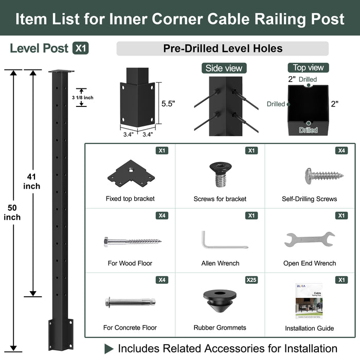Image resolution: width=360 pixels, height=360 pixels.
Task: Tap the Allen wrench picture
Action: [219, 239]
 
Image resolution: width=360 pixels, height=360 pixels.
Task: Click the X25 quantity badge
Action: [251, 280]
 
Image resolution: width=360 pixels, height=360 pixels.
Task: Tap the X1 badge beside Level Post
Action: [80, 48]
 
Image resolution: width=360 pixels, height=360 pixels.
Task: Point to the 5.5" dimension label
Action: [168, 103]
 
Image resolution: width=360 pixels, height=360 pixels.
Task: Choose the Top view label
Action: [309, 68]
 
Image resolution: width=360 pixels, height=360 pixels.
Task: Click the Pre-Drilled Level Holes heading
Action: [222, 49]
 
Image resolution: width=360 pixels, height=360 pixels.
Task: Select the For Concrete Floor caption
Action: [130, 328]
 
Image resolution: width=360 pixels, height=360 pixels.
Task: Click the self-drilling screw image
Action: [323, 175]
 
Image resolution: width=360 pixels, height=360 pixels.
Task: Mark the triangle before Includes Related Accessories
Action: [109, 348]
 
